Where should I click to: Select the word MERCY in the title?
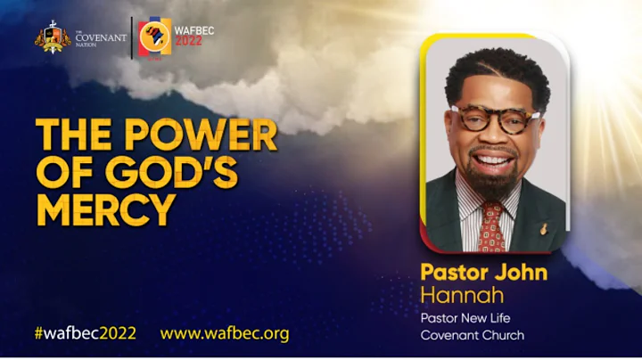click(105, 210)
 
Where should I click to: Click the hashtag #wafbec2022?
click(85, 333)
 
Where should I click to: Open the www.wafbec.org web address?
click(225, 333)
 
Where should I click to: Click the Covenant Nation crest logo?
click(51, 37)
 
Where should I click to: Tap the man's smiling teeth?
click(497, 161)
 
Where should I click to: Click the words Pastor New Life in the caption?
click(465, 318)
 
